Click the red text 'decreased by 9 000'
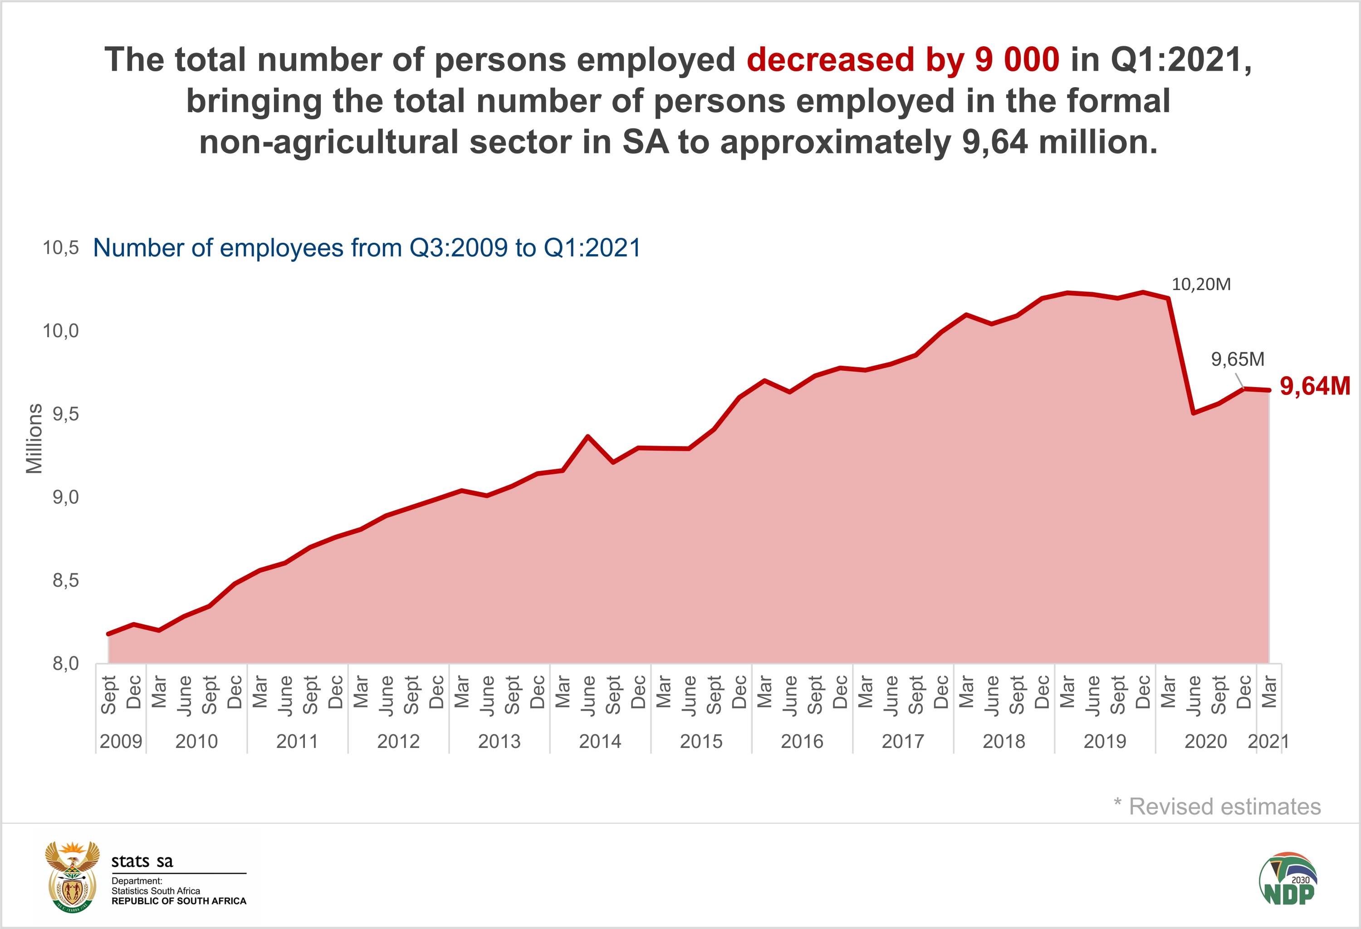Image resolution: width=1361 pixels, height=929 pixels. click(x=902, y=60)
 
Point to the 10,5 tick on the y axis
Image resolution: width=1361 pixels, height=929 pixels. click(x=60, y=248)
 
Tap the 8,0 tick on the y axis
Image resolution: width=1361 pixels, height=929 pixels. click(x=65, y=664)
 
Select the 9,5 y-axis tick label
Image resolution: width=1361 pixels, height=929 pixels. click(x=65, y=414)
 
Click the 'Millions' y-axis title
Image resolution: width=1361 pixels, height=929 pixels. click(x=34, y=438)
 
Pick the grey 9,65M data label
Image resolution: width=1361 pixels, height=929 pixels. click(x=1238, y=359)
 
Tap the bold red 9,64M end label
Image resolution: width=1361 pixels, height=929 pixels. click(x=1315, y=386)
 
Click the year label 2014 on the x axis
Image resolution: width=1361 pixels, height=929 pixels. click(x=600, y=742)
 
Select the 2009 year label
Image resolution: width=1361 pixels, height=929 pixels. click(x=121, y=742)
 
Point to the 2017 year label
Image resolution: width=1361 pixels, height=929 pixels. click(x=902, y=742)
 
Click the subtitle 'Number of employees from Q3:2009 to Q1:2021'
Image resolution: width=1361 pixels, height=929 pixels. click(x=367, y=248)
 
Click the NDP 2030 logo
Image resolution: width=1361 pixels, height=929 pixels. click(x=1288, y=879)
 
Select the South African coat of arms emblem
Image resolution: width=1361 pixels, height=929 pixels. click(x=72, y=876)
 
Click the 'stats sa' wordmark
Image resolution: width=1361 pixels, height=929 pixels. click(x=142, y=861)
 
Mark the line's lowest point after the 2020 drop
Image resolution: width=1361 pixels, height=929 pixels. click(x=1193, y=413)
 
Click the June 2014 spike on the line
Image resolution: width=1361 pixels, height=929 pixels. click(x=587, y=437)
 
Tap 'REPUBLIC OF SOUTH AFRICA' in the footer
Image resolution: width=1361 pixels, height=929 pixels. click(x=179, y=901)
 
